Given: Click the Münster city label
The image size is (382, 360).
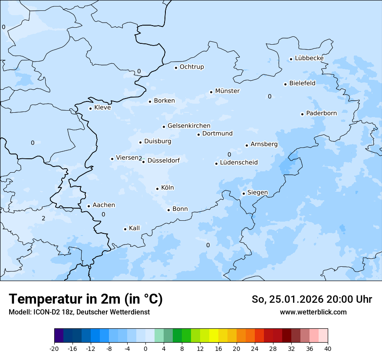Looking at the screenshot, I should pyautogui.click(x=227, y=91).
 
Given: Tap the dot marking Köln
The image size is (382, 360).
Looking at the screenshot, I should pyautogui.click(x=158, y=189).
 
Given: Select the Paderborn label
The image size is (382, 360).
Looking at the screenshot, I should pyautogui.click(x=321, y=113).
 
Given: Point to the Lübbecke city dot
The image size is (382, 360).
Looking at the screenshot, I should pyautogui.click(x=291, y=59).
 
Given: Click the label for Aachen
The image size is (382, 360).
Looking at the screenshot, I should pyautogui.click(x=104, y=205).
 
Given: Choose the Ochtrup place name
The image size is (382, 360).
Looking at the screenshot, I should pyautogui.click(x=192, y=67).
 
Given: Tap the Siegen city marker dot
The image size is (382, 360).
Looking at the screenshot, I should pyautogui.click(x=244, y=193).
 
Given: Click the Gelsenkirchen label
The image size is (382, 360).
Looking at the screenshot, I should pyautogui.click(x=189, y=126).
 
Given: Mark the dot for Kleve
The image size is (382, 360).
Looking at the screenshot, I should pyautogui.click(x=91, y=108).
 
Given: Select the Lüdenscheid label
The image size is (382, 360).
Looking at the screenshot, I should pyautogui.click(x=239, y=163).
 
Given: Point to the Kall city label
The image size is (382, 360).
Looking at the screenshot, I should pyautogui.click(x=135, y=228).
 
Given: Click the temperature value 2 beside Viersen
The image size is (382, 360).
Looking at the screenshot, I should pyautogui.click(x=140, y=158).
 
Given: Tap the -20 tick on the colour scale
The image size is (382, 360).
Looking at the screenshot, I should pyautogui.click(x=54, y=348).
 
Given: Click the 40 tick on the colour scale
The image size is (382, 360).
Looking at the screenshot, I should pyautogui.click(x=327, y=348).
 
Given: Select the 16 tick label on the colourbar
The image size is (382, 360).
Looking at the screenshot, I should pyautogui.click(x=218, y=348).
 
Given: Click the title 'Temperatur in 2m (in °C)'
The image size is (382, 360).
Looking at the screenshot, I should pyautogui.click(x=86, y=299).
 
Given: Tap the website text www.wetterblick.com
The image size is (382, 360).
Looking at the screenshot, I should pyautogui.click(x=313, y=312).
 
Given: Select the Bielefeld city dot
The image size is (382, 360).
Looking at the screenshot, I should pyautogui.click(x=286, y=84).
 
